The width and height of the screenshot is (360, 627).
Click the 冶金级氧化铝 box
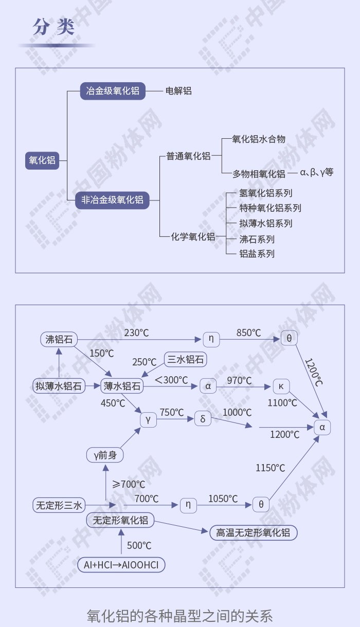coord(113,91)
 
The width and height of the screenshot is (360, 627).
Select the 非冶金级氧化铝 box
coord(112,200)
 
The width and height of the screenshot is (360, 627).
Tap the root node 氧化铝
coord(42,160)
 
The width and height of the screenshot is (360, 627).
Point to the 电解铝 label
coord(178,91)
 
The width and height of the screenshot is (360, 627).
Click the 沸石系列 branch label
coord(257,239)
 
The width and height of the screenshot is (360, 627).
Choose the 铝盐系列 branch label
coord(257,254)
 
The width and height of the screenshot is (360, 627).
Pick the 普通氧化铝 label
coord(188,156)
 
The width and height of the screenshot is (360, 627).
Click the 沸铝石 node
coord(59,339)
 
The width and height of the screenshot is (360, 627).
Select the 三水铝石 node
coord(186,359)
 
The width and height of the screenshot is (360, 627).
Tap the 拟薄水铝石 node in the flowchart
coord(59,386)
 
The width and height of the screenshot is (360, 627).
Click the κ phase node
coord(281,386)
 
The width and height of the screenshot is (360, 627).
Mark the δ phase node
coord(203,418)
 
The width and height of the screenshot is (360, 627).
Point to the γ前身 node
coord(105,455)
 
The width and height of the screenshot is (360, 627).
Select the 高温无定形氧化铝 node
coord(253,532)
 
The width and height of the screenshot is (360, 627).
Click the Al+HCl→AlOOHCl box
coord(121,565)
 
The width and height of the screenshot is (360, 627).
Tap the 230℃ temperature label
coord(136,333)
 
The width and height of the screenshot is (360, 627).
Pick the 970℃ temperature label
coord(239,380)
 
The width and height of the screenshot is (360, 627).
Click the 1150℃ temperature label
coord(271,468)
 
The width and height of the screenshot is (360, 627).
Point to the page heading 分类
coord(54,27)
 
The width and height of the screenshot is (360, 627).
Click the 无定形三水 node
coord(59,505)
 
